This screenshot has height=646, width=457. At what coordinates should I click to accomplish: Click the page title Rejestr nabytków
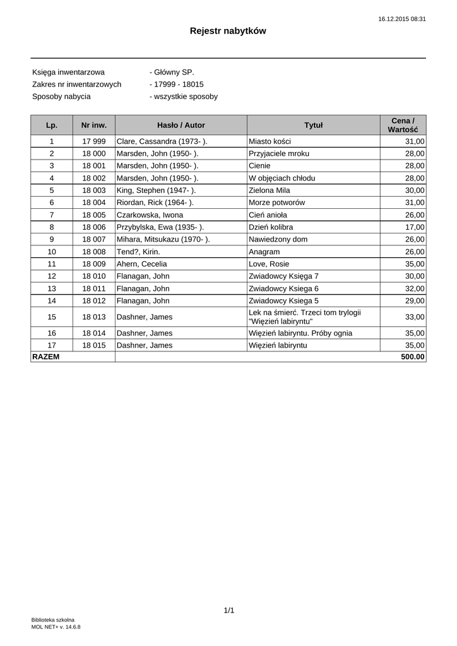[x=228, y=31]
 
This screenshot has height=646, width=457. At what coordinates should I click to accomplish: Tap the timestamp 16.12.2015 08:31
[x=402, y=19]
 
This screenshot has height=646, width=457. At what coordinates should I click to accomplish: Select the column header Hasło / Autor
[x=181, y=126]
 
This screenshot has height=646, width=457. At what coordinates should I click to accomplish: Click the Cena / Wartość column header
[x=403, y=125]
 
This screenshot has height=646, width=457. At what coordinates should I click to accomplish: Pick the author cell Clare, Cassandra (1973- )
[x=162, y=141]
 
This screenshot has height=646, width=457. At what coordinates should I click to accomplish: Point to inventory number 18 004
[x=94, y=203]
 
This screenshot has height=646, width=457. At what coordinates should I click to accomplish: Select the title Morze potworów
[x=277, y=203]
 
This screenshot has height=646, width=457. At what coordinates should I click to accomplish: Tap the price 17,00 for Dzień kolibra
[x=415, y=227]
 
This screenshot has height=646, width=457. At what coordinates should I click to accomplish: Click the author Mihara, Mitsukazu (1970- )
[x=163, y=240]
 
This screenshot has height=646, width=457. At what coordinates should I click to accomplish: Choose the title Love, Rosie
[x=269, y=264]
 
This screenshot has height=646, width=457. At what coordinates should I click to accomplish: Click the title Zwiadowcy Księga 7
[x=284, y=276]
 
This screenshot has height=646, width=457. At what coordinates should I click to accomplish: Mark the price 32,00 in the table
[x=415, y=289]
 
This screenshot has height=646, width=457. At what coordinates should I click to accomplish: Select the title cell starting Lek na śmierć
[x=304, y=317]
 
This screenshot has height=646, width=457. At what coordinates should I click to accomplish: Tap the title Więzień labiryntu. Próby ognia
[x=300, y=333]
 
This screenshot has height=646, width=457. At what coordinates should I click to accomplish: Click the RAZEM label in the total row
[x=45, y=357]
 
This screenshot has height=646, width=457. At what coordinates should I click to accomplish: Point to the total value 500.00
[x=413, y=357]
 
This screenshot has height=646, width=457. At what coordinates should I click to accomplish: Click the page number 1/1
[x=228, y=610]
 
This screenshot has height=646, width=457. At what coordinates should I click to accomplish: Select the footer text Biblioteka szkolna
[x=53, y=620]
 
